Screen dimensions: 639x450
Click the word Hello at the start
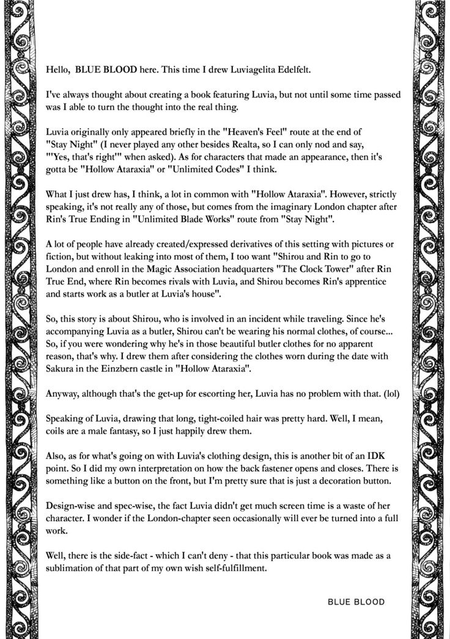(x=57, y=70)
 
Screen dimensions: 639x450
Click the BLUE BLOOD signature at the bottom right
(x=356, y=602)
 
